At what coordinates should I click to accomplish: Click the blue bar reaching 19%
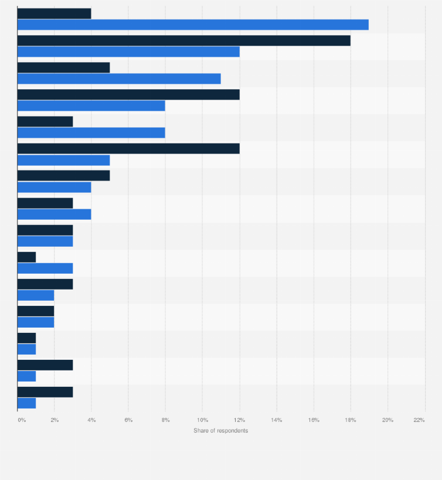click(193, 25)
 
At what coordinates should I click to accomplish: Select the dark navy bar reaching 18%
click(183, 40)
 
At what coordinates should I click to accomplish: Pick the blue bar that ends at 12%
click(128, 52)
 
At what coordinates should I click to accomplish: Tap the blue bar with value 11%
click(119, 79)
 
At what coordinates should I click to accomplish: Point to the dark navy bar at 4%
click(54, 13)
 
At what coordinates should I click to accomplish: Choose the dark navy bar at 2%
click(36, 311)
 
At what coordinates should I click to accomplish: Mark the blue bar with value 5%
click(63, 160)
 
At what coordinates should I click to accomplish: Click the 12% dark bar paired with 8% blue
click(128, 94)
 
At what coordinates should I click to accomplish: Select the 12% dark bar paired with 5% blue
click(128, 148)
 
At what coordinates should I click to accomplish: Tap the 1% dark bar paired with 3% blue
click(26, 257)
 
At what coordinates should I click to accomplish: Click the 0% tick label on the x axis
click(22, 420)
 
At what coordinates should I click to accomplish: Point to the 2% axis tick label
click(55, 420)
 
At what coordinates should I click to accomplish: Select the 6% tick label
click(128, 420)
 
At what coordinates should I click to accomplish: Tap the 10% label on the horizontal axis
click(202, 420)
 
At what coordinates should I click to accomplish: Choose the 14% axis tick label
click(277, 420)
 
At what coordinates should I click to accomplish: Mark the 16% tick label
click(314, 420)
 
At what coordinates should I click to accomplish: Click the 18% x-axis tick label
click(351, 420)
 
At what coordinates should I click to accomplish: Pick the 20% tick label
click(387, 420)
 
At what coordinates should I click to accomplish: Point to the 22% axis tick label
click(419, 420)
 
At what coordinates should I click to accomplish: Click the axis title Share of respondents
click(221, 431)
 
